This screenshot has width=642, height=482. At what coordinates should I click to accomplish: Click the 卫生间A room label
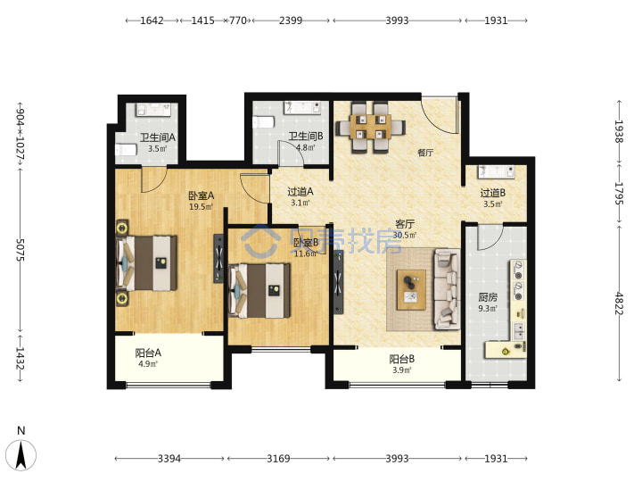(x=158, y=137)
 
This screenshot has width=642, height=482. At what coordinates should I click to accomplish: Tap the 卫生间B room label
(x=306, y=136)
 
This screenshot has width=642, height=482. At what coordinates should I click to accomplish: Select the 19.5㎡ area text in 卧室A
(x=202, y=207)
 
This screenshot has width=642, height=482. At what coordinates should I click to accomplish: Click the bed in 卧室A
(x=146, y=262)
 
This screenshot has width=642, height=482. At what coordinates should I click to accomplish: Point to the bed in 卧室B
(x=259, y=291)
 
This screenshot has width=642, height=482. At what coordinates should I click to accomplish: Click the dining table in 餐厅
(x=371, y=127)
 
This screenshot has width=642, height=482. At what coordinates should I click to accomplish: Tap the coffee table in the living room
(x=411, y=290)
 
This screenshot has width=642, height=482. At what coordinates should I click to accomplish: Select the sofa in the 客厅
(x=447, y=288)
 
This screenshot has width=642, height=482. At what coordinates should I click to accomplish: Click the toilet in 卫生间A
(x=126, y=150)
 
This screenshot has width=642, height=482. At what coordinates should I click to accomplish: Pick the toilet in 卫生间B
(x=263, y=122)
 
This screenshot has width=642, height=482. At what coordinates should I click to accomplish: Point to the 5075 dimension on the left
(x=20, y=250)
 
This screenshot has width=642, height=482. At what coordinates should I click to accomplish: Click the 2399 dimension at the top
(x=291, y=21)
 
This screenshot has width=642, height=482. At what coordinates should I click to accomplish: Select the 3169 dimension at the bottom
(x=278, y=458)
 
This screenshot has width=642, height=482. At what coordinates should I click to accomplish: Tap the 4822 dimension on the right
(x=619, y=303)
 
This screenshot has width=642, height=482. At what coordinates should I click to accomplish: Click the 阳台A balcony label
(x=148, y=353)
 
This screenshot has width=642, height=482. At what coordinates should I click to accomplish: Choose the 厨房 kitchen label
(x=488, y=297)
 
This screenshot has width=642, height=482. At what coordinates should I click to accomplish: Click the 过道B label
(x=493, y=193)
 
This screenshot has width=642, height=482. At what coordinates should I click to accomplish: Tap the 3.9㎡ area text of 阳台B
(x=401, y=370)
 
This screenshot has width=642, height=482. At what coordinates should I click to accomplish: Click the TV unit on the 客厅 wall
(x=338, y=281)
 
